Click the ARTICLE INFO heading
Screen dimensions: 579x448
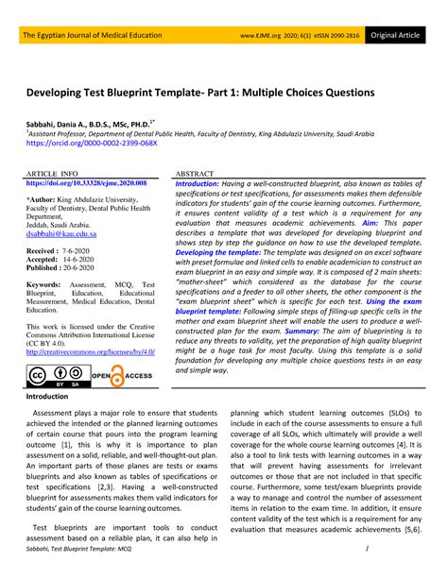(51, 176)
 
